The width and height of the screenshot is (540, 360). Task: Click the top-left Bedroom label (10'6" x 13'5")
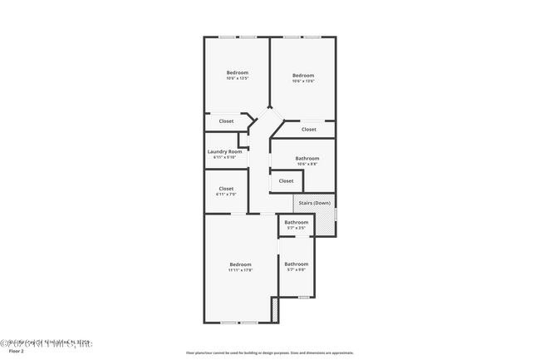(238, 73)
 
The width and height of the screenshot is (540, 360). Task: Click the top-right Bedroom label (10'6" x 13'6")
(302, 76)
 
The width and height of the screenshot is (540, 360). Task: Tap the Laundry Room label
(225, 151)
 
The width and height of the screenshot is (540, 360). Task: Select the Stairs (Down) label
(315, 203)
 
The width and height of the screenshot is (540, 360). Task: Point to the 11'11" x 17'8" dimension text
(240, 269)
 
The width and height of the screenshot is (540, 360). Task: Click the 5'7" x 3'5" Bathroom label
(297, 222)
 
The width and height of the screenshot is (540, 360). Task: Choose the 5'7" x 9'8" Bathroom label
(297, 264)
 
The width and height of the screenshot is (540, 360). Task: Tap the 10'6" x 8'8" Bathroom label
(307, 158)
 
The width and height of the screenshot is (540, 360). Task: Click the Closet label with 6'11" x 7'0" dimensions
(226, 189)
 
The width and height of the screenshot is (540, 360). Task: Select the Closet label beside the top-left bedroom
(226, 121)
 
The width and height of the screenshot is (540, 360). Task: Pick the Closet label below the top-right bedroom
(308, 129)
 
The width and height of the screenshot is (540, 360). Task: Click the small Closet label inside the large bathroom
(286, 180)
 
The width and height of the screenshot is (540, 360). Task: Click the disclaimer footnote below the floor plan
(270, 353)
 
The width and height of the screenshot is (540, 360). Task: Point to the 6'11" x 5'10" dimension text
(225, 157)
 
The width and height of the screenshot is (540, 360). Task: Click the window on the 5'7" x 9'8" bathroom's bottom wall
(303, 297)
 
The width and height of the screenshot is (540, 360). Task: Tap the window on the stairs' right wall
(336, 215)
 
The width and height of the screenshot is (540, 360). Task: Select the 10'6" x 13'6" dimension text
(302, 81)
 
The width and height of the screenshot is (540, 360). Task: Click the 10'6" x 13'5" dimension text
(238, 78)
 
